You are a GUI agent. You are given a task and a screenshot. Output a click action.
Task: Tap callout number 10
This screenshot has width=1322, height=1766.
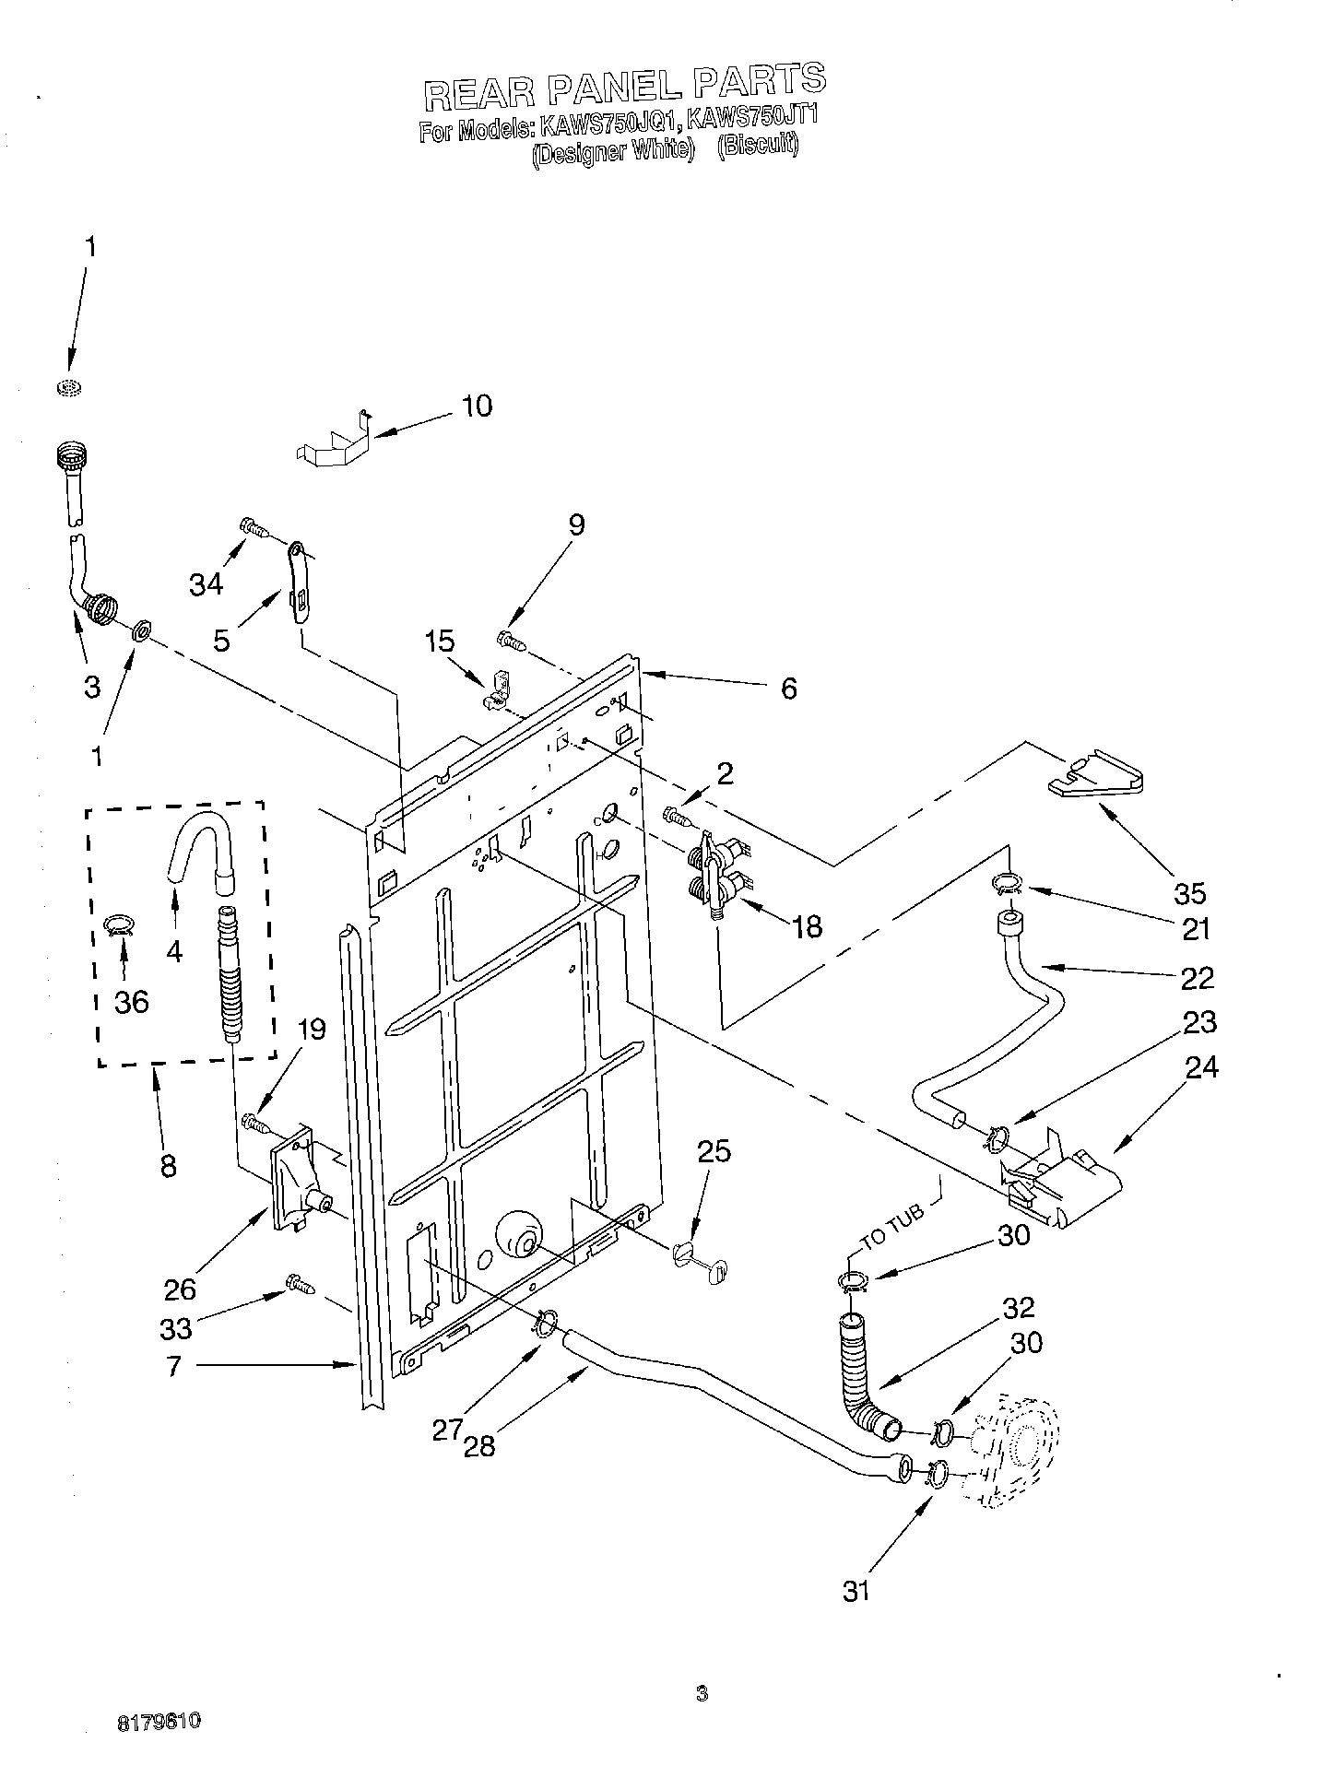477,406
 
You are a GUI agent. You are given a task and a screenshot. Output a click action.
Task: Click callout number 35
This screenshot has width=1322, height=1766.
1189,892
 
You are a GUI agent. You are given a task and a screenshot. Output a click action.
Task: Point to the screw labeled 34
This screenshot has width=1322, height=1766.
254,528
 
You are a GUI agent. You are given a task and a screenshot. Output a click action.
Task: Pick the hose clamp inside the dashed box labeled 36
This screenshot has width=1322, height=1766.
120,924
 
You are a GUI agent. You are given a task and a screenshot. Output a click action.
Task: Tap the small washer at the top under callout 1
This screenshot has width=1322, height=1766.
66,387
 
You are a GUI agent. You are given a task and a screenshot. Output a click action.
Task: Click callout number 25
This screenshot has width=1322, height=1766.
714,1151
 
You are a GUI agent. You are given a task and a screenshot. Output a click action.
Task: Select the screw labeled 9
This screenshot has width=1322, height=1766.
511,639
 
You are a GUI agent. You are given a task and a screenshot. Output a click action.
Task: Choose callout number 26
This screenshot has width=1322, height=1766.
181,1288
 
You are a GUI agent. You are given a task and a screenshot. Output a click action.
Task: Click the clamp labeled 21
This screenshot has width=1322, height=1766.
1007,885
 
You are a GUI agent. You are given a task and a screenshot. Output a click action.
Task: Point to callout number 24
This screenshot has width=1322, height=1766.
1202,1067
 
